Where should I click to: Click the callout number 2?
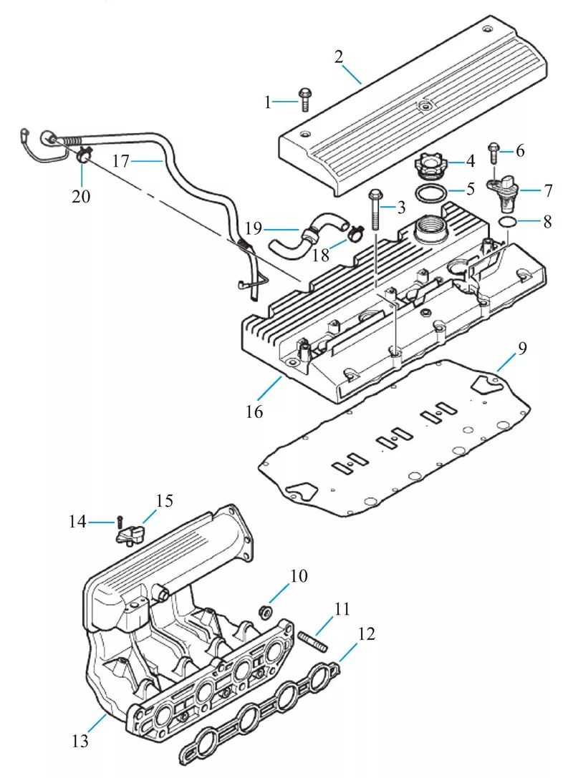point(339,57)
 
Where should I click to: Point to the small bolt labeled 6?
point(493,153)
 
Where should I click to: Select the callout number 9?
point(521,349)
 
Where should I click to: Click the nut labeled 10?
point(266,611)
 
